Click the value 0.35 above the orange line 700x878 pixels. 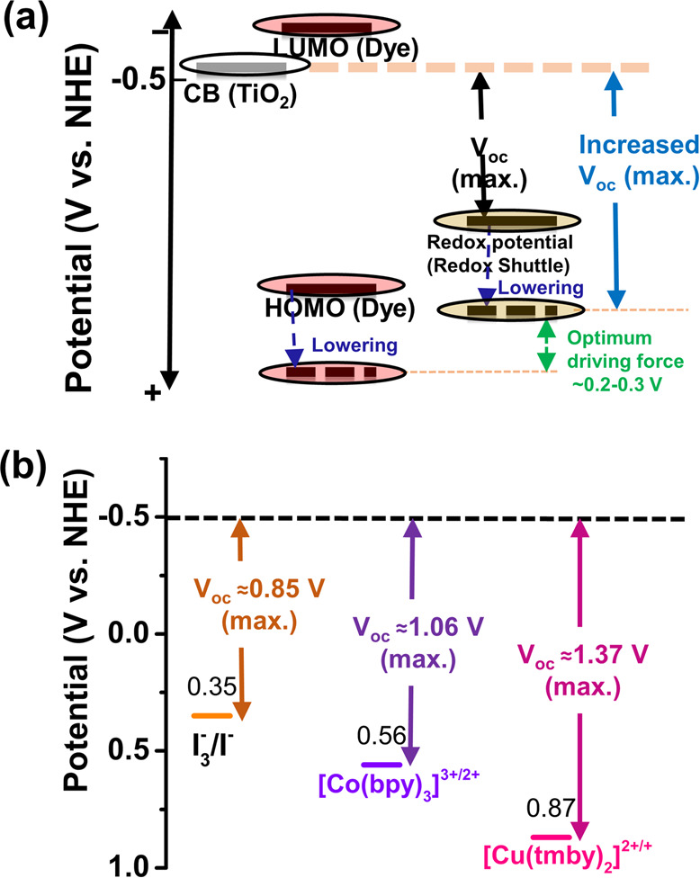pyautogui.click(x=210, y=689)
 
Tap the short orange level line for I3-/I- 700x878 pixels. pyautogui.click(x=212, y=716)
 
